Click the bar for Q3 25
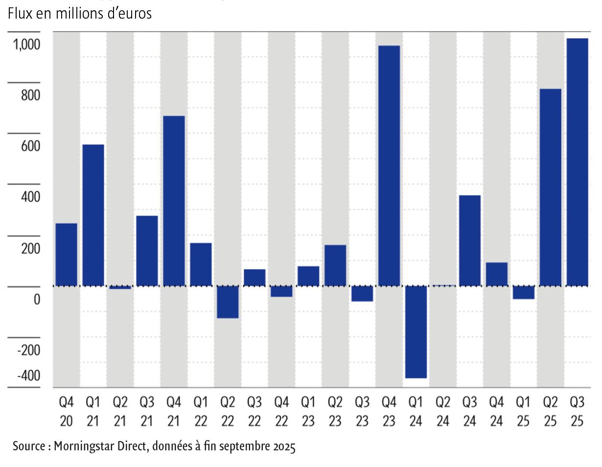coord(577,162)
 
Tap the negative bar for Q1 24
coord(416,332)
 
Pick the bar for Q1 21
coord(93,215)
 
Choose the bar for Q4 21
coord(174,201)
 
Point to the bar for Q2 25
coord(550,187)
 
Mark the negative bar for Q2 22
coord(228,302)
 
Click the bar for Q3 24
coord(469,240)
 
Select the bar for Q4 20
coord(66,255)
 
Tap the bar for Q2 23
coord(335,265)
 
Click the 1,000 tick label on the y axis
coord(26,45)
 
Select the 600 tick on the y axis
coord(30,146)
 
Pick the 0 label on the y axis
coord(37,300)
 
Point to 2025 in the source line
coord(284,446)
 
